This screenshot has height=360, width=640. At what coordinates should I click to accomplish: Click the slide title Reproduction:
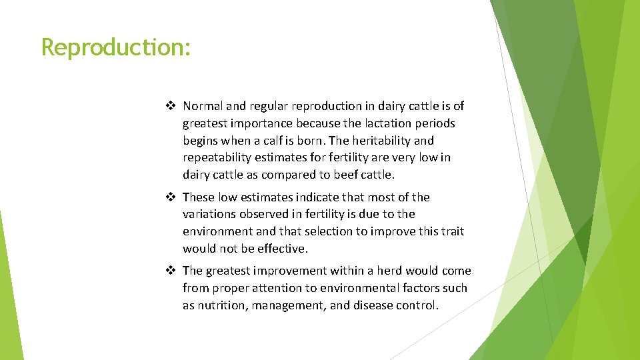coord(116,48)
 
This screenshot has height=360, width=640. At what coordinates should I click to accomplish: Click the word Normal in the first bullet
coord(203,106)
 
